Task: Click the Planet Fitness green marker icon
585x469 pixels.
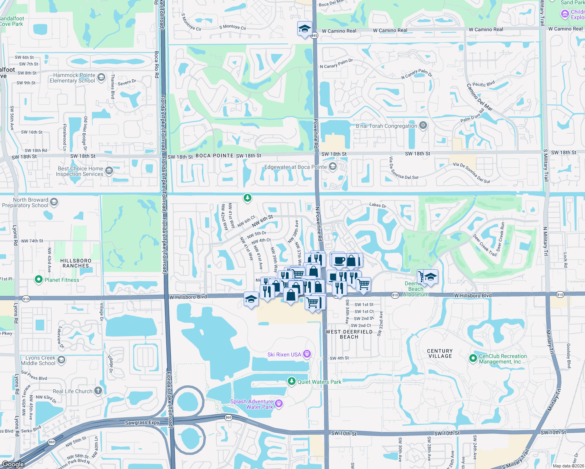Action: (38, 279)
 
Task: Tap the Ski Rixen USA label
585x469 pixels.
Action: (284, 354)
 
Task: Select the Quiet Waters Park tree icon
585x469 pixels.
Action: (291, 381)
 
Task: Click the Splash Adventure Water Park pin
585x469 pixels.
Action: (279, 404)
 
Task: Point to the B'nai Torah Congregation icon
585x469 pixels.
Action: (423, 125)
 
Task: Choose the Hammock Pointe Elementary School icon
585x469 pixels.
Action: (101, 77)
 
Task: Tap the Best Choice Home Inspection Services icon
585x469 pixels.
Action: (109, 171)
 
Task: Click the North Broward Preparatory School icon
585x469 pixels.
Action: (54, 202)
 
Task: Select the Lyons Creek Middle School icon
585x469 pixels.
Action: (61, 360)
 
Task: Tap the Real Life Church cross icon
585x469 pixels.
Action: (98, 391)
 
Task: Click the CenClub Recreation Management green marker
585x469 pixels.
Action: (473, 358)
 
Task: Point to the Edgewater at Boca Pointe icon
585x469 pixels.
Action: (332, 167)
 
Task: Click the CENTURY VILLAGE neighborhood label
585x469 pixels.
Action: (440, 353)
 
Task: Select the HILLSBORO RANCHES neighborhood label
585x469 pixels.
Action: (76, 263)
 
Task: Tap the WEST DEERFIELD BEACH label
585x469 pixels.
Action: (349, 334)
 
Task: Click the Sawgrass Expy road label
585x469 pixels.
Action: (142, 422)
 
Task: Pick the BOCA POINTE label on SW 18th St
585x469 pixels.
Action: (214, 156)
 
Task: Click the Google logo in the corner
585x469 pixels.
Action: (13, 464)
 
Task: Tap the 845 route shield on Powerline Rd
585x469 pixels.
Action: (315, 36)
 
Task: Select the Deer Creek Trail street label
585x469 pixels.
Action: (485, 245)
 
